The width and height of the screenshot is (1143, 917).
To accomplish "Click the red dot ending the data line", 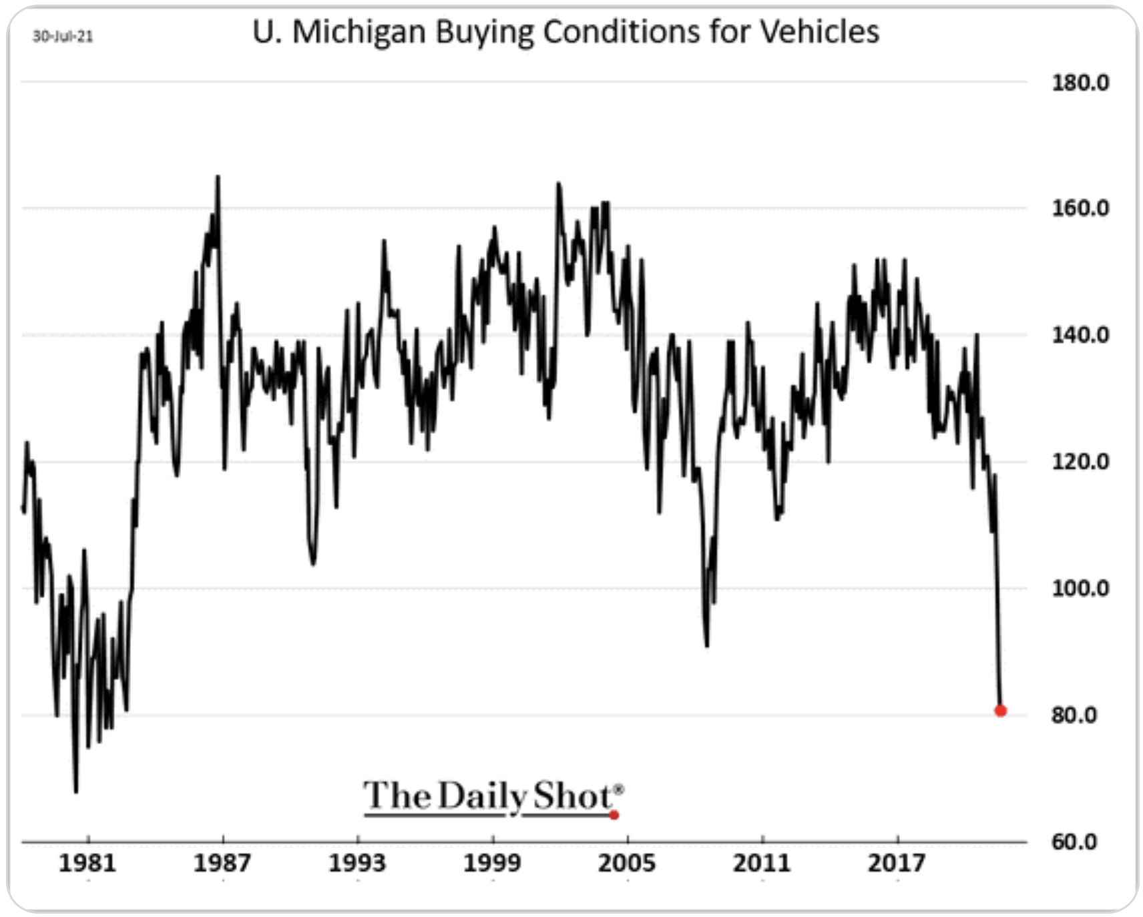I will (1000, 711).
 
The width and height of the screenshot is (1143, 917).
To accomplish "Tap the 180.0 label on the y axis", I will (1080, 83).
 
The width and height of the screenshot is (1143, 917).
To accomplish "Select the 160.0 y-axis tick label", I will (1080, 208).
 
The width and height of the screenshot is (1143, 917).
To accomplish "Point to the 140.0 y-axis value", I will (1080, 334).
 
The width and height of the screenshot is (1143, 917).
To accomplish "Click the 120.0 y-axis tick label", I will (1080, 461).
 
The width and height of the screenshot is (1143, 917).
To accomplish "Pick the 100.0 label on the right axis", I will (1080, 588).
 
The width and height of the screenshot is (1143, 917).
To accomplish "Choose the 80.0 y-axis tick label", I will (1074, 715).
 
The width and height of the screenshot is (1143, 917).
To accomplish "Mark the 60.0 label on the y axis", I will (1074, 842).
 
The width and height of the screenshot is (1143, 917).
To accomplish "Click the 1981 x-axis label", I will (87, 863).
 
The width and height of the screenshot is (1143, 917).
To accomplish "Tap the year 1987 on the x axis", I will (222, 863).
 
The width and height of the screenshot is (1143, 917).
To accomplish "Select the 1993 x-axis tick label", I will (357, 863).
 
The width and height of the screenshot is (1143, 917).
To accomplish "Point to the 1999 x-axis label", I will (492, 863).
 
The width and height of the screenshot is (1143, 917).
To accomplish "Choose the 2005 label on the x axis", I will (627, 863).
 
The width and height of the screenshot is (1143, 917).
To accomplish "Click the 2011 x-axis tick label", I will (762, 863).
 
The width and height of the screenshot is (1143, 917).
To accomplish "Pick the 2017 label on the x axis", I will (897, 863).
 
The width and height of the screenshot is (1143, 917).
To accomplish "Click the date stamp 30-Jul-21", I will (63, 36).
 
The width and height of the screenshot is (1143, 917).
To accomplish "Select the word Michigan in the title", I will (359, 33).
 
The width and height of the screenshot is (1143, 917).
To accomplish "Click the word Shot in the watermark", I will (573, 795).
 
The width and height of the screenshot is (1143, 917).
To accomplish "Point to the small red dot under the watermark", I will (614, 815).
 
